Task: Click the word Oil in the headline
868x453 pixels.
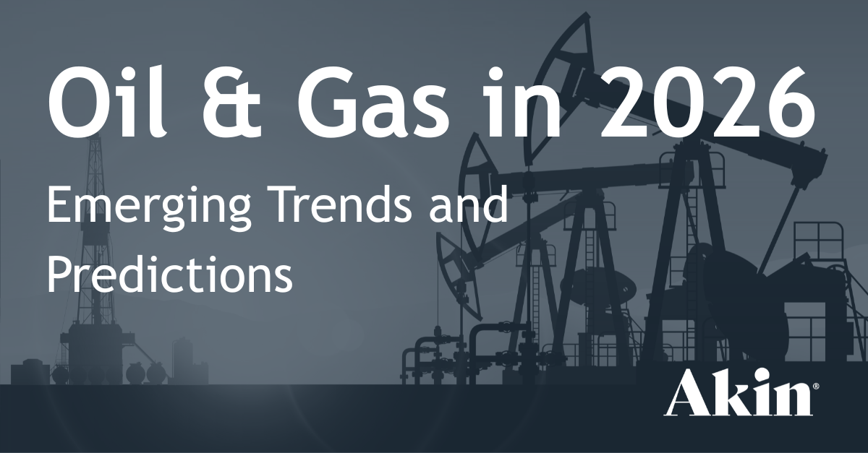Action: coord(108,102)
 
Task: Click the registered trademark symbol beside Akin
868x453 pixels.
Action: coord(816,386)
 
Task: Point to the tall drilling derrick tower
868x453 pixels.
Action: coord(96,248)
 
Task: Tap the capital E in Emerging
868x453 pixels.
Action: coord(59,204)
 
